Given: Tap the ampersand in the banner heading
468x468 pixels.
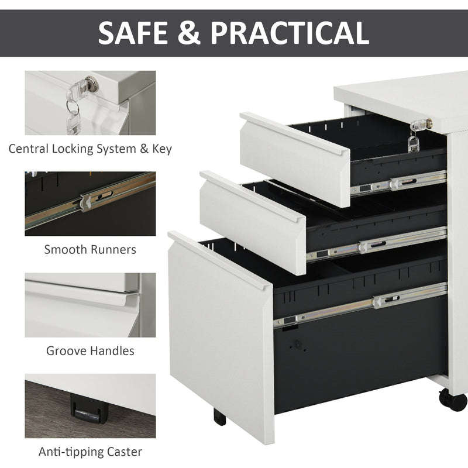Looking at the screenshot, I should click(x=191, y=33).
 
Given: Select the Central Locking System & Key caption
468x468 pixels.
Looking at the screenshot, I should click(x=90, y=149).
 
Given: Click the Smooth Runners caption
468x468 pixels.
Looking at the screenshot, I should click(x=90, y=250).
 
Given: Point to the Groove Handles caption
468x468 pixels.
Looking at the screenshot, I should click(x=90, y=351).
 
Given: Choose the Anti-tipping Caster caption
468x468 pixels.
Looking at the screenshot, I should click(x=90, y=452).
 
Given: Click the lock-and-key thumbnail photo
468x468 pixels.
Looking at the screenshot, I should click(x=90, y=103).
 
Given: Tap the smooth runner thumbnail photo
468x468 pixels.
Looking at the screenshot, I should click(x=90, y=203).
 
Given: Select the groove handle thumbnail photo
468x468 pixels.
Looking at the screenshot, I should click(x=90, y=305).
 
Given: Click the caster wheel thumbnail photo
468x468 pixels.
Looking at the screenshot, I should click(x=90, y=406).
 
